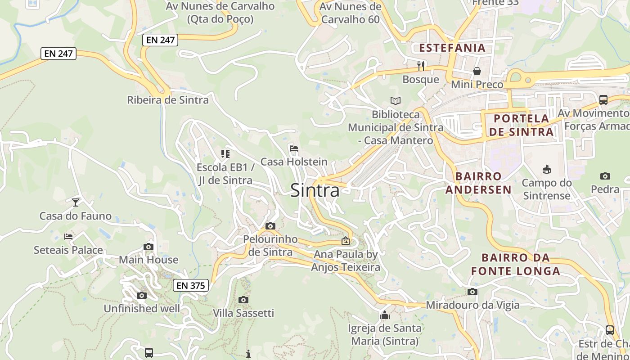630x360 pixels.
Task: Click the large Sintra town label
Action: [x=315, y=190]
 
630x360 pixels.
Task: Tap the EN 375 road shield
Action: [x=191, y=285]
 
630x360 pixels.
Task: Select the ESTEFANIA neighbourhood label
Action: [x=452, y=48]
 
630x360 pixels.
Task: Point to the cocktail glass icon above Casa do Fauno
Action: [x=76, y=202]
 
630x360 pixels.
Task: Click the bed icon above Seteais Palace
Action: [x=68, y=236]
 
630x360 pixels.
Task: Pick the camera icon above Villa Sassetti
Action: [x=243, y=300]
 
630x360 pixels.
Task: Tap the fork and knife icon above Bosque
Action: [x=421, y=66]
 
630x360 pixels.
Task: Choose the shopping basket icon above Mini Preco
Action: [x=477, y=71]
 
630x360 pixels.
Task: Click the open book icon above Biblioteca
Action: [x=396, y=101]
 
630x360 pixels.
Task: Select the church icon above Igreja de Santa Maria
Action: [x=385, y=315]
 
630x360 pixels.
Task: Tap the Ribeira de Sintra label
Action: [x=168, y=100]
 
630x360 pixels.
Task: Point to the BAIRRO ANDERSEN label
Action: [x=478, y=183]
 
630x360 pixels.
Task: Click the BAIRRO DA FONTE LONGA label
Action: [x=516, y=265]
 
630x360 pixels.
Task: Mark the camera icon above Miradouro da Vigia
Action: [x=472, y=292]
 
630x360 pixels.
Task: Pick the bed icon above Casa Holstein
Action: [x=294, y=148]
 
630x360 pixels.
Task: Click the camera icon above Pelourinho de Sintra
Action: [x=270, y=226]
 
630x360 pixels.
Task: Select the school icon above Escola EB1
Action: [x=225, y=154]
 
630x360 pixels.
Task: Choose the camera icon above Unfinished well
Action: [x=142, y=296]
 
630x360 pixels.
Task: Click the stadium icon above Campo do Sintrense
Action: [x=547, y=169]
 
